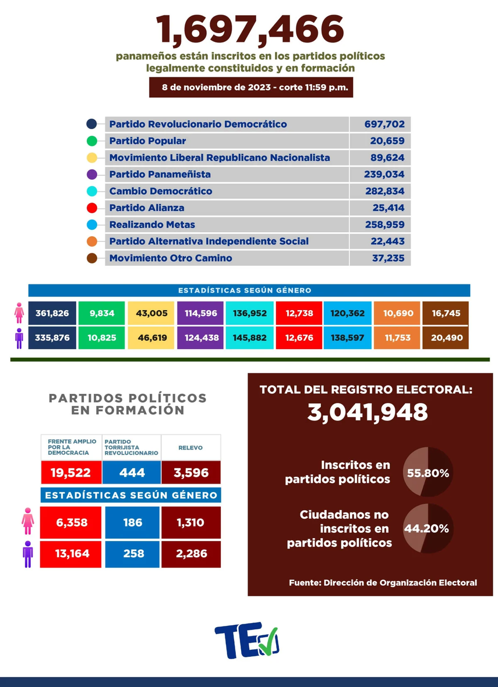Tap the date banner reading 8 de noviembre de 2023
pos(250,88)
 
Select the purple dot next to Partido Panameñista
pos(91,175)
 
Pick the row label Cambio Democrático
pos(161,191)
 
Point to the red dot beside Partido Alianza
pos(91,208)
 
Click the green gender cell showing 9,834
pos(101,314)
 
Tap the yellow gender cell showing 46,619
pos(151,337)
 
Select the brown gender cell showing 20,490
pos(445,337)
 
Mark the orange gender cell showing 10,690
pos(396,314)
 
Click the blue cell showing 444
pos(132,472)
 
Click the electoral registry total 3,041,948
pos(368,412)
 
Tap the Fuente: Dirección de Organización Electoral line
pos(383,582)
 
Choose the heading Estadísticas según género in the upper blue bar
pos(249,290)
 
